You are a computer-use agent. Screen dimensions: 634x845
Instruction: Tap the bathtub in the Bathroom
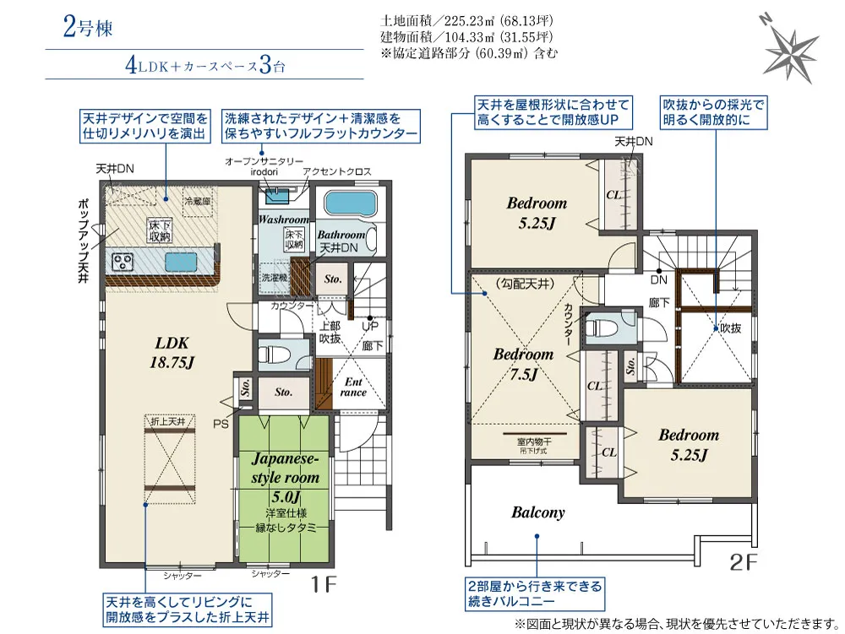348,203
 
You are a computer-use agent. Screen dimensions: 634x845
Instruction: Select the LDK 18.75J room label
175,352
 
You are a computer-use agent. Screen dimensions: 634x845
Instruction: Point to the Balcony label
537,512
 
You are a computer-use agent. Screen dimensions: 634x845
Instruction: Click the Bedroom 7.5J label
523,364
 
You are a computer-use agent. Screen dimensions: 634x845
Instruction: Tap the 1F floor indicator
324,583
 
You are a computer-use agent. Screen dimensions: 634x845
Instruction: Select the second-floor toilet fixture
603,326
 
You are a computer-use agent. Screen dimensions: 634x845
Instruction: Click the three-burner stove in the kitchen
122,262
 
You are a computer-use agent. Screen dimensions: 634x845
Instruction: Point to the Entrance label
353,387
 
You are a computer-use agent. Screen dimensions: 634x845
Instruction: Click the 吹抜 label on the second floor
729,328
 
